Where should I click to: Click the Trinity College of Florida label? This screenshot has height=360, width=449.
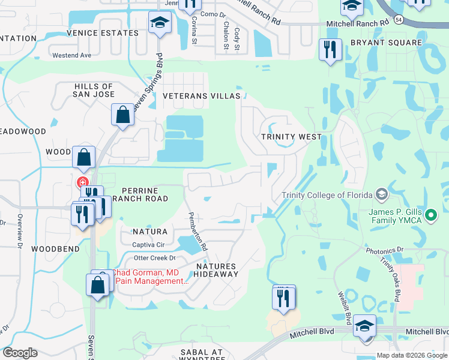click(327, 194)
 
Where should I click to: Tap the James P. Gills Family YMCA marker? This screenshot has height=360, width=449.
click(430, 214)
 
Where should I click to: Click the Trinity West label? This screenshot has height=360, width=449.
click(291, 137)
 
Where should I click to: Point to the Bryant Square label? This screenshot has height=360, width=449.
click(378, 43)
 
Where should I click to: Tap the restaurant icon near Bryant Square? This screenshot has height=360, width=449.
click(330, 50)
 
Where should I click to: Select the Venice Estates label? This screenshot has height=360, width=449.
click(103, 33)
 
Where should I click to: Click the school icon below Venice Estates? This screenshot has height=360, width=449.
click(160, 23)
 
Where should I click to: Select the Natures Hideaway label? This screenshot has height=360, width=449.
click(217, 270)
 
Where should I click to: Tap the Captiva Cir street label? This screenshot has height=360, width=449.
click(148, 245)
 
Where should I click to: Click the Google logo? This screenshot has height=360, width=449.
click(20, 353)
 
